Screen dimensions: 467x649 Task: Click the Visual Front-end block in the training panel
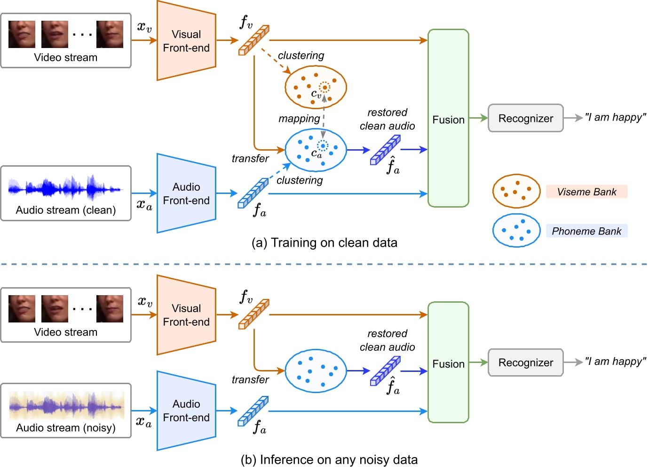click(x=186, y=41)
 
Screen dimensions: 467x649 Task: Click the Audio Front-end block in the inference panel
click(x=186, y=411)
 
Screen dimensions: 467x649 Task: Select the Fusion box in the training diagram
click(x=448, y=119)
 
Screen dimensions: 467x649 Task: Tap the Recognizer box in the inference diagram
click(x=525, y=362)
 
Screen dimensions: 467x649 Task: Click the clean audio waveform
click(x=65, y=188)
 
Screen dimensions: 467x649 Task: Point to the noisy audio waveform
click(x=66, y=405)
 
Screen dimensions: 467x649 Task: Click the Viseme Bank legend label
click(x=586, y=192)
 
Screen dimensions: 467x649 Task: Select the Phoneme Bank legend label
click(x=586, y=231)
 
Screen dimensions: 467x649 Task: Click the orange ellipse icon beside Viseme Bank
click(x=516, y=191)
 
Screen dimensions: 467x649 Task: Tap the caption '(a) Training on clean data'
click(x=324, y=242)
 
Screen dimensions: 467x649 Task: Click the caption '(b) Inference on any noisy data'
click(x=329, y=459)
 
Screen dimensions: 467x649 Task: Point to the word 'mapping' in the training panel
click(x=299, y=119)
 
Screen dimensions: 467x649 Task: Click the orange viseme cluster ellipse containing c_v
click(x=316, y=88)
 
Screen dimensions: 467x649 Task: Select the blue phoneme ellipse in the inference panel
click(x=316, y=371)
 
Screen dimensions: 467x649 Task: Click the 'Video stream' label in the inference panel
click(x=66, y=332)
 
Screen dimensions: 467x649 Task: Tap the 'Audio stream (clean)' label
click(x=66, y=210)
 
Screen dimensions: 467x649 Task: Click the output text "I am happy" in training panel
click(x=616, y=117)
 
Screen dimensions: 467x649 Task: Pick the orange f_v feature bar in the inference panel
click(x=254, y=314)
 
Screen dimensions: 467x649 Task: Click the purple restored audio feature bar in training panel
click(x=385, y=150)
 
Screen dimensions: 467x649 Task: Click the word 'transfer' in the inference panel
click(x=250, y=379)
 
